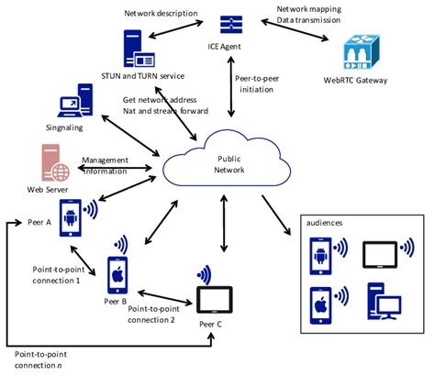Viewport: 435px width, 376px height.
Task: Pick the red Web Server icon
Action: [x=57, y=164]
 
